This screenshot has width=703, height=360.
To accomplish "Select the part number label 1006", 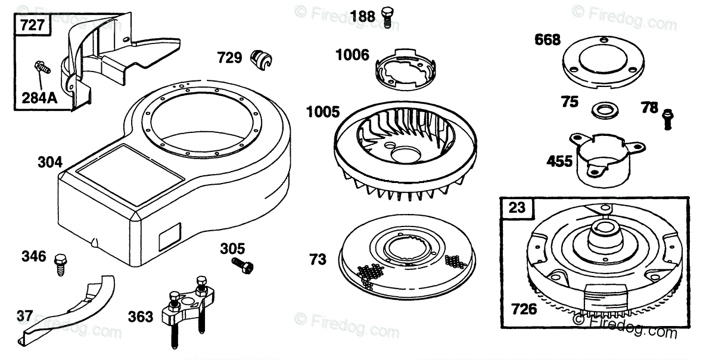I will (x=352, y=55).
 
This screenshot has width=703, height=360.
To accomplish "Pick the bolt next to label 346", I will (x=60, y=262).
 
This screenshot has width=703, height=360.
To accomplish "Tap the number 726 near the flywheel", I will (x=524, y=309).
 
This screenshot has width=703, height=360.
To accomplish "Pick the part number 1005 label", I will (x=323, y=112).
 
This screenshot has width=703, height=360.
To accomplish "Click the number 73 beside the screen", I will (x=318, y=260).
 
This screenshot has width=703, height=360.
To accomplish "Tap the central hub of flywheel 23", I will (x=602, y=233).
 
